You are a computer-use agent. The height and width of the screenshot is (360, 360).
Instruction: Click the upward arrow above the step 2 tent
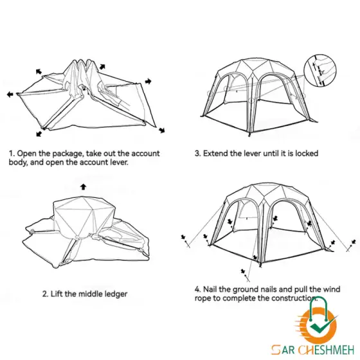(84, 187)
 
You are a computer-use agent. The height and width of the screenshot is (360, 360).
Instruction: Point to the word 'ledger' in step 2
(116, 294)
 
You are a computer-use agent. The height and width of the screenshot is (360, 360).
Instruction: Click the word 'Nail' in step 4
(210, 289)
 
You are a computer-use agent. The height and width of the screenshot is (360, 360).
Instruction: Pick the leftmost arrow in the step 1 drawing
(10, 94)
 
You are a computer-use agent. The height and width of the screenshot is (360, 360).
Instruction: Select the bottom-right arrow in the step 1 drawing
(162, 130)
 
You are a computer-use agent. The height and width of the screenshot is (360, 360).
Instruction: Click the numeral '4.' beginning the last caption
(198, 289)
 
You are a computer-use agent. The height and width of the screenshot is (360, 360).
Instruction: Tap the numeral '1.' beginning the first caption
(12, 154)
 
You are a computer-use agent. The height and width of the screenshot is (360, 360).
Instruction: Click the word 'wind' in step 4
(332, 289)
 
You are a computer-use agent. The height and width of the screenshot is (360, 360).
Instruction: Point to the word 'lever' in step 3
(252, 153)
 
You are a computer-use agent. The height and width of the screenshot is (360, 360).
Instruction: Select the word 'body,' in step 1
(19, 162)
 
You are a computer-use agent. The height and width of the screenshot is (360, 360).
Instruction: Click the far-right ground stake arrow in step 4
(354, 242)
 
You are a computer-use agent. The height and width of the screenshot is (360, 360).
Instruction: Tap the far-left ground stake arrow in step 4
(183, 237)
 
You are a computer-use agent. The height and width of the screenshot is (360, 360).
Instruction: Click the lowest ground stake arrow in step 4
(243, 271)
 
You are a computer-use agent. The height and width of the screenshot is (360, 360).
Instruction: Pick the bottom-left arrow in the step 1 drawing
(39, 134)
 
